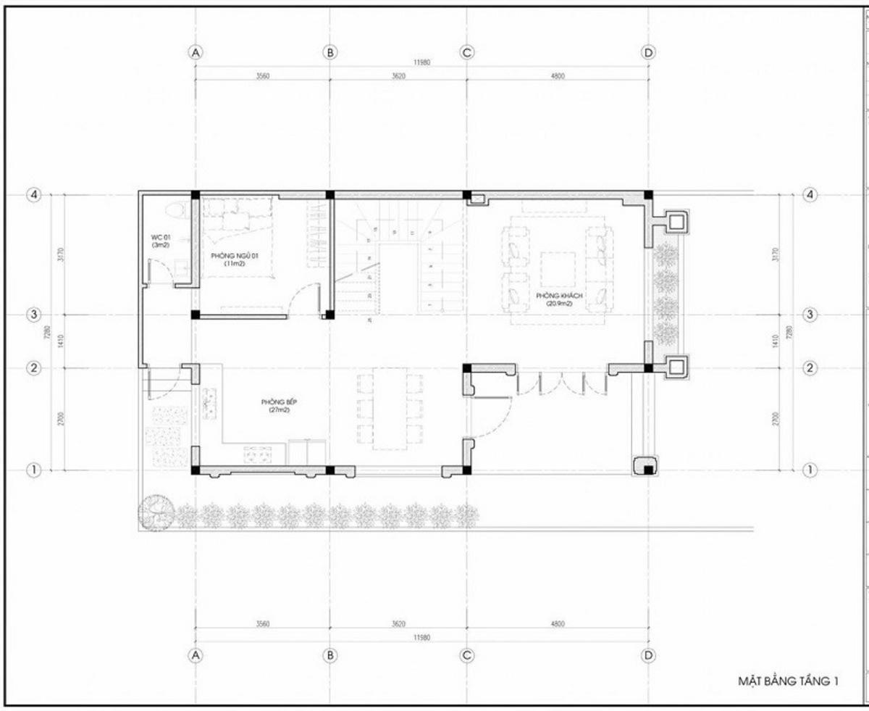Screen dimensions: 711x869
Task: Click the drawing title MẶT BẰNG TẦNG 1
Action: coord(788,681)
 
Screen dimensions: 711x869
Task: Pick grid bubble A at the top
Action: coord(195,52)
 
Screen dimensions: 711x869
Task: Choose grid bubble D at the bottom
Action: coord(648,655)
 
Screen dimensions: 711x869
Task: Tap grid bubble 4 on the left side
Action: coord(33,195)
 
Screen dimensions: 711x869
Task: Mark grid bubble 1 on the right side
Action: coord(810,470)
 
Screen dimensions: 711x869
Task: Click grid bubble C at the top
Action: coord(467,52)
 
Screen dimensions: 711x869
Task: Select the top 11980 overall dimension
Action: coord(422,63)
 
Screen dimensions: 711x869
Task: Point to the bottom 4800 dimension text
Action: coord(557,624)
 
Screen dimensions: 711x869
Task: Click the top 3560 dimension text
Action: coord(262,76)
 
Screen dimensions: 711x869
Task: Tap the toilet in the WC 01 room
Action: coord(175,211)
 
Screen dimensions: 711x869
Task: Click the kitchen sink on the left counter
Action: coord(211,403)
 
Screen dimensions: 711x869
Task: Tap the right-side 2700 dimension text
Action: coord(776,419)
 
